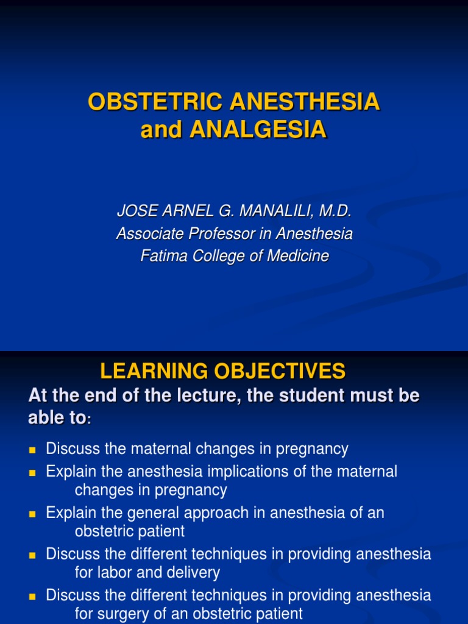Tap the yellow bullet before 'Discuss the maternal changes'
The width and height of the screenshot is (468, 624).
pyautogui.click(x=33, y=450)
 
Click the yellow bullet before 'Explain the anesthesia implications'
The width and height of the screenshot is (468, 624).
pyautogui.click(x=33, y=472)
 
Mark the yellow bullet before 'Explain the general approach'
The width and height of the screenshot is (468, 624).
pyautogui.click(x=33, y=514)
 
